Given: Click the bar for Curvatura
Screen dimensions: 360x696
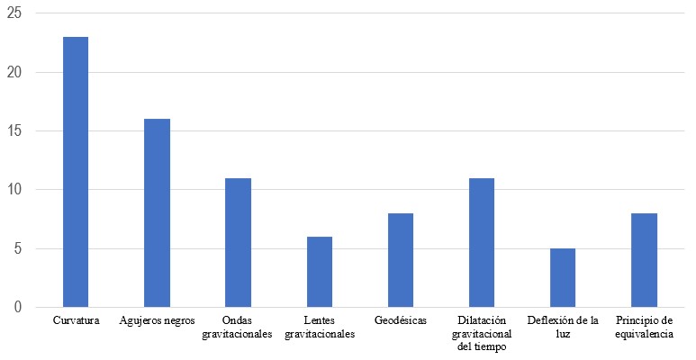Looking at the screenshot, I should (75, 172).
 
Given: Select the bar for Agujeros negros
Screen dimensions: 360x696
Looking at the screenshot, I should (157, 213).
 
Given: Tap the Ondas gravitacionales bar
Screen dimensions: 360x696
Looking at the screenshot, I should (238, 243).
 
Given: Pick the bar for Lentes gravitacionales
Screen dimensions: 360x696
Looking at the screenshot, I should (320, 272).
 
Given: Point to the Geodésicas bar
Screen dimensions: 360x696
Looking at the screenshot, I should (401, 260).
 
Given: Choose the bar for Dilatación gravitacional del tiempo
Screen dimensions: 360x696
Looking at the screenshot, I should (482, 243).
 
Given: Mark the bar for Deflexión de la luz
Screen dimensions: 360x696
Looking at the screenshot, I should (563, 278).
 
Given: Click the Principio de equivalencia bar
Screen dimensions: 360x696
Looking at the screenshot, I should (644, 260).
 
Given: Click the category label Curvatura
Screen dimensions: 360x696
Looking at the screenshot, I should (75, 320).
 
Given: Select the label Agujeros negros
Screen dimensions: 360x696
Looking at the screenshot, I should (157, 320).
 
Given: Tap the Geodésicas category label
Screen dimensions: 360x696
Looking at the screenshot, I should (401, 320).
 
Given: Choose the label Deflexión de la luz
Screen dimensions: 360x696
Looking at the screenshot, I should (563, 327).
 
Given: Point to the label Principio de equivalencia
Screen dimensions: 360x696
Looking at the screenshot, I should (644, 327).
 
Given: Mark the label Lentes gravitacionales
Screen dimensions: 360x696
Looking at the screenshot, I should (320, 327).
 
